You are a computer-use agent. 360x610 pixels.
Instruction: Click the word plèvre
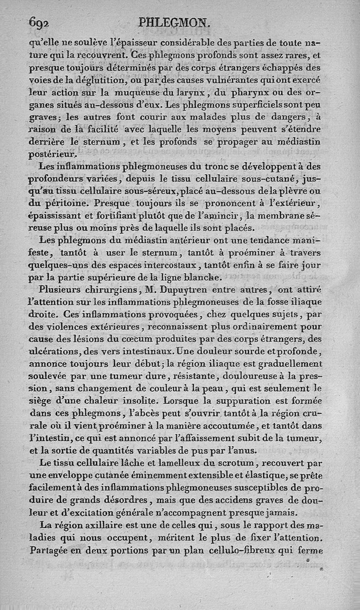(x=295, y=190)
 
